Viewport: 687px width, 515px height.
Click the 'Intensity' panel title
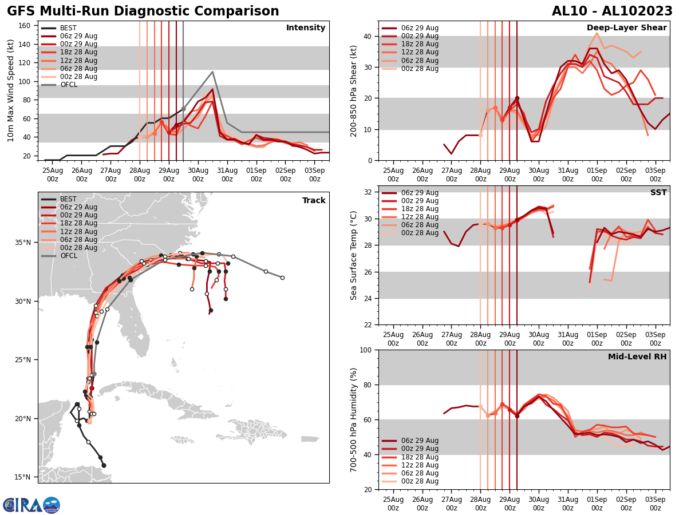[x=306, y=28]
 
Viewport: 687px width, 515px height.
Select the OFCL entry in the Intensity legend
[x=69, y=85]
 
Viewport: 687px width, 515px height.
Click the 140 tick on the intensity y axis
[x=26, y=44]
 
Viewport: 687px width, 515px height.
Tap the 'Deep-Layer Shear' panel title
[x=626, y=28]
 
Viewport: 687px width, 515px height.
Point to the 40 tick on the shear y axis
[x=368, y=36]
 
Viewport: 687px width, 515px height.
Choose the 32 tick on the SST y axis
[x=368, y=192]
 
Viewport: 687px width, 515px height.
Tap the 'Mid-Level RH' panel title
[x=637, y=357]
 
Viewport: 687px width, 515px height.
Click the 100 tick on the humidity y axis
[x=365, y=350]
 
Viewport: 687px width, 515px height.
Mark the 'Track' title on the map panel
[x=314, y=201]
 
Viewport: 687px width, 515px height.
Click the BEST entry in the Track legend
[x=68, y=199]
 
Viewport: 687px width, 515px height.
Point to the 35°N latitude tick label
[x=23, y=243]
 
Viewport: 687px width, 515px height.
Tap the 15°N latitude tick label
[x=23, y=477]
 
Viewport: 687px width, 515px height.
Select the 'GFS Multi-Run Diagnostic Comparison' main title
[x=143, y=11]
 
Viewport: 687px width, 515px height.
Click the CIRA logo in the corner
[x=31, y=505]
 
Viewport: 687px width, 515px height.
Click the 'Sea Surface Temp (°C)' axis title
[x=354, y=255]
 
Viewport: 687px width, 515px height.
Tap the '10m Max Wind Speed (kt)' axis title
[x=11, y=90]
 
